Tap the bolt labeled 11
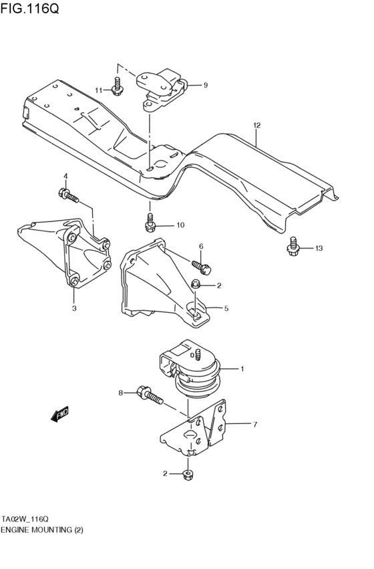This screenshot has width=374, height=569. [x=118, y=87]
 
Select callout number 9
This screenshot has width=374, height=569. [x=206, y=85]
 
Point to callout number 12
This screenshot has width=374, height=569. [x=256, y=125]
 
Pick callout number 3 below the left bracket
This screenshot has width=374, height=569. [x=74, y=308]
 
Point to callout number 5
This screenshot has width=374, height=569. [x=226, y=308]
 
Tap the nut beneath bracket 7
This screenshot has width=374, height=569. [x=188, y=474]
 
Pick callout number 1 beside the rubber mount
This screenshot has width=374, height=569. [x=242, y=368]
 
